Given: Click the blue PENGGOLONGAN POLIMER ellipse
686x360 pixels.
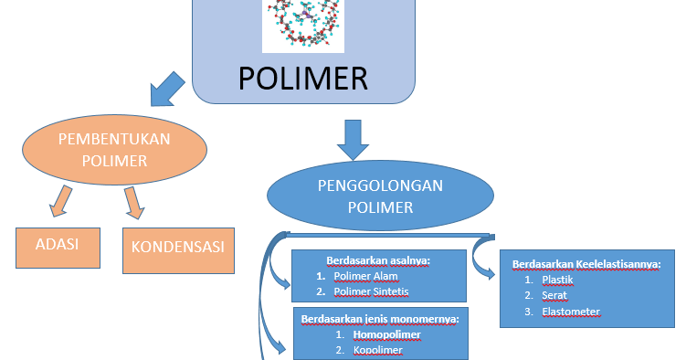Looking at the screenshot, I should [x=379, y=196].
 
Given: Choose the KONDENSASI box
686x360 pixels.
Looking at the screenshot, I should [x=178, y=247].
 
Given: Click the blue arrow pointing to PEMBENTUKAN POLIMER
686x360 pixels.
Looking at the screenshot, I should [x=164, y=90].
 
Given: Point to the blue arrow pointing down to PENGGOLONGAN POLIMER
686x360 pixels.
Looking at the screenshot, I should [x=353, y=140].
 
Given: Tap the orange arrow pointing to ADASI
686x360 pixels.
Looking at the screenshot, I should [x=60, y=201].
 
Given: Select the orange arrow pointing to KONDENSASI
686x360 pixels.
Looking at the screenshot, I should [x=133, y=202].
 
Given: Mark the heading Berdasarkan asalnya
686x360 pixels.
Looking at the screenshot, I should [x=378, y=260].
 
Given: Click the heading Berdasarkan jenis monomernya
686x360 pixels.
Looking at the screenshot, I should [x=379, y=319].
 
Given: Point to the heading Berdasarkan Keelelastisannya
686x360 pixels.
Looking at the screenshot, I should [x=586, y=264].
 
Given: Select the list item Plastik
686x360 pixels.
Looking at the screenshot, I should [x=557, y=280].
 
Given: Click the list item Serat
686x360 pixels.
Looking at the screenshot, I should [x=554, y=295].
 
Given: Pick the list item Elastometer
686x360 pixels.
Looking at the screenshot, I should [x=571, y=312].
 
